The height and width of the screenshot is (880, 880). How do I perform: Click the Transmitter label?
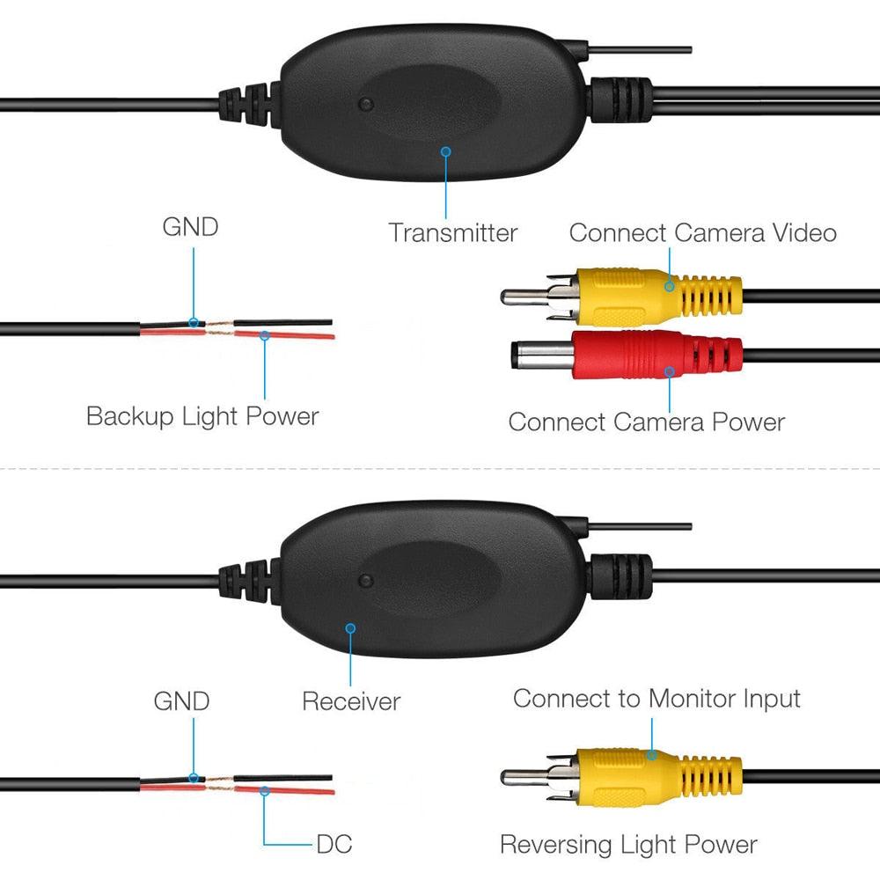point(452,233)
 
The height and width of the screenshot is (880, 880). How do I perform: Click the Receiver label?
point(350,701)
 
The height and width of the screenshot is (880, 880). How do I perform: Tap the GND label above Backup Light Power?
point(190,227)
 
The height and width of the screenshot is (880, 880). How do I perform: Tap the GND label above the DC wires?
point(181,701)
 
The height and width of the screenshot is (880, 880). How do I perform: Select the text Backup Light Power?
point(202,416)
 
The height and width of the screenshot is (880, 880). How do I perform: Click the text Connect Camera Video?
point(701,233)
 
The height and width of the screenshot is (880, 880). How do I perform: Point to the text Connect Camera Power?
point(646,422)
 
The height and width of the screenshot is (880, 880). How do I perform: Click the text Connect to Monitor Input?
point(656,700)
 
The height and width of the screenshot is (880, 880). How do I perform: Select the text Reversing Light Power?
point(628,845)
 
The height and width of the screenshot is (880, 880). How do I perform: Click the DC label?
point(334,845)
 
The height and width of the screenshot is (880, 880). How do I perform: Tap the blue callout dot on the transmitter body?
point(446,151)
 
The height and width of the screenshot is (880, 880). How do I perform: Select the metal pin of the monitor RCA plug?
point(524,777)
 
